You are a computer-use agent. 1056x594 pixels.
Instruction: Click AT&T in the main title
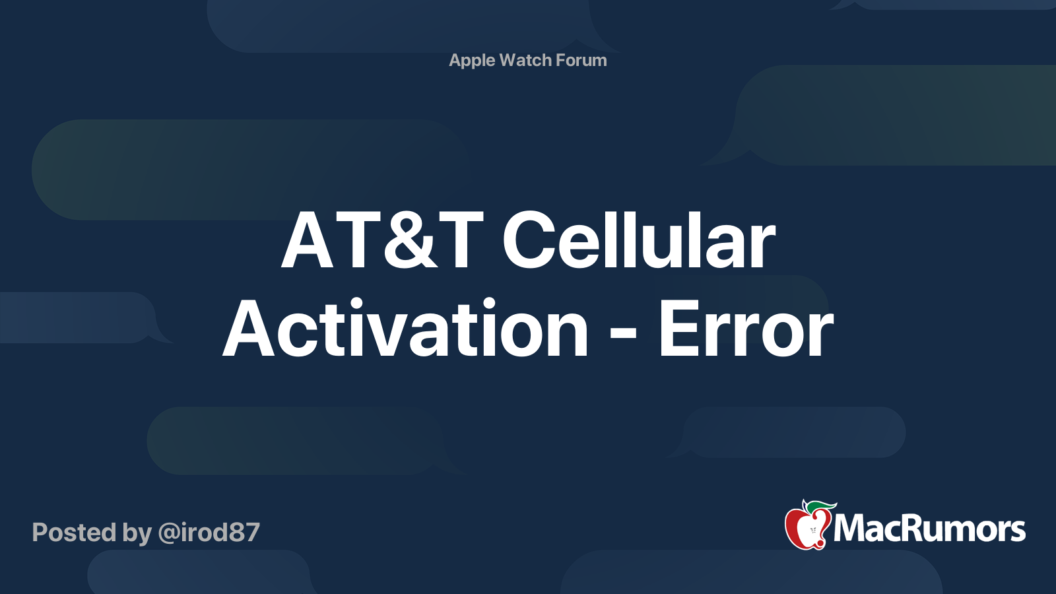[x=382, y=240]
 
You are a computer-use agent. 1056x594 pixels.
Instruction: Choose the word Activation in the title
[x=405, y=329]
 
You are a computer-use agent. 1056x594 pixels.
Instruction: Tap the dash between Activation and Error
[x=623, y=335]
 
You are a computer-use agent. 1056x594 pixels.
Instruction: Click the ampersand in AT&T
[x=410, y=240]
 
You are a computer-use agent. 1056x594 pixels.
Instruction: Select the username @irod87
[x=209, y=533]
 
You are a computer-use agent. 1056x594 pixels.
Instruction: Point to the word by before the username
[x=137, y=534]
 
